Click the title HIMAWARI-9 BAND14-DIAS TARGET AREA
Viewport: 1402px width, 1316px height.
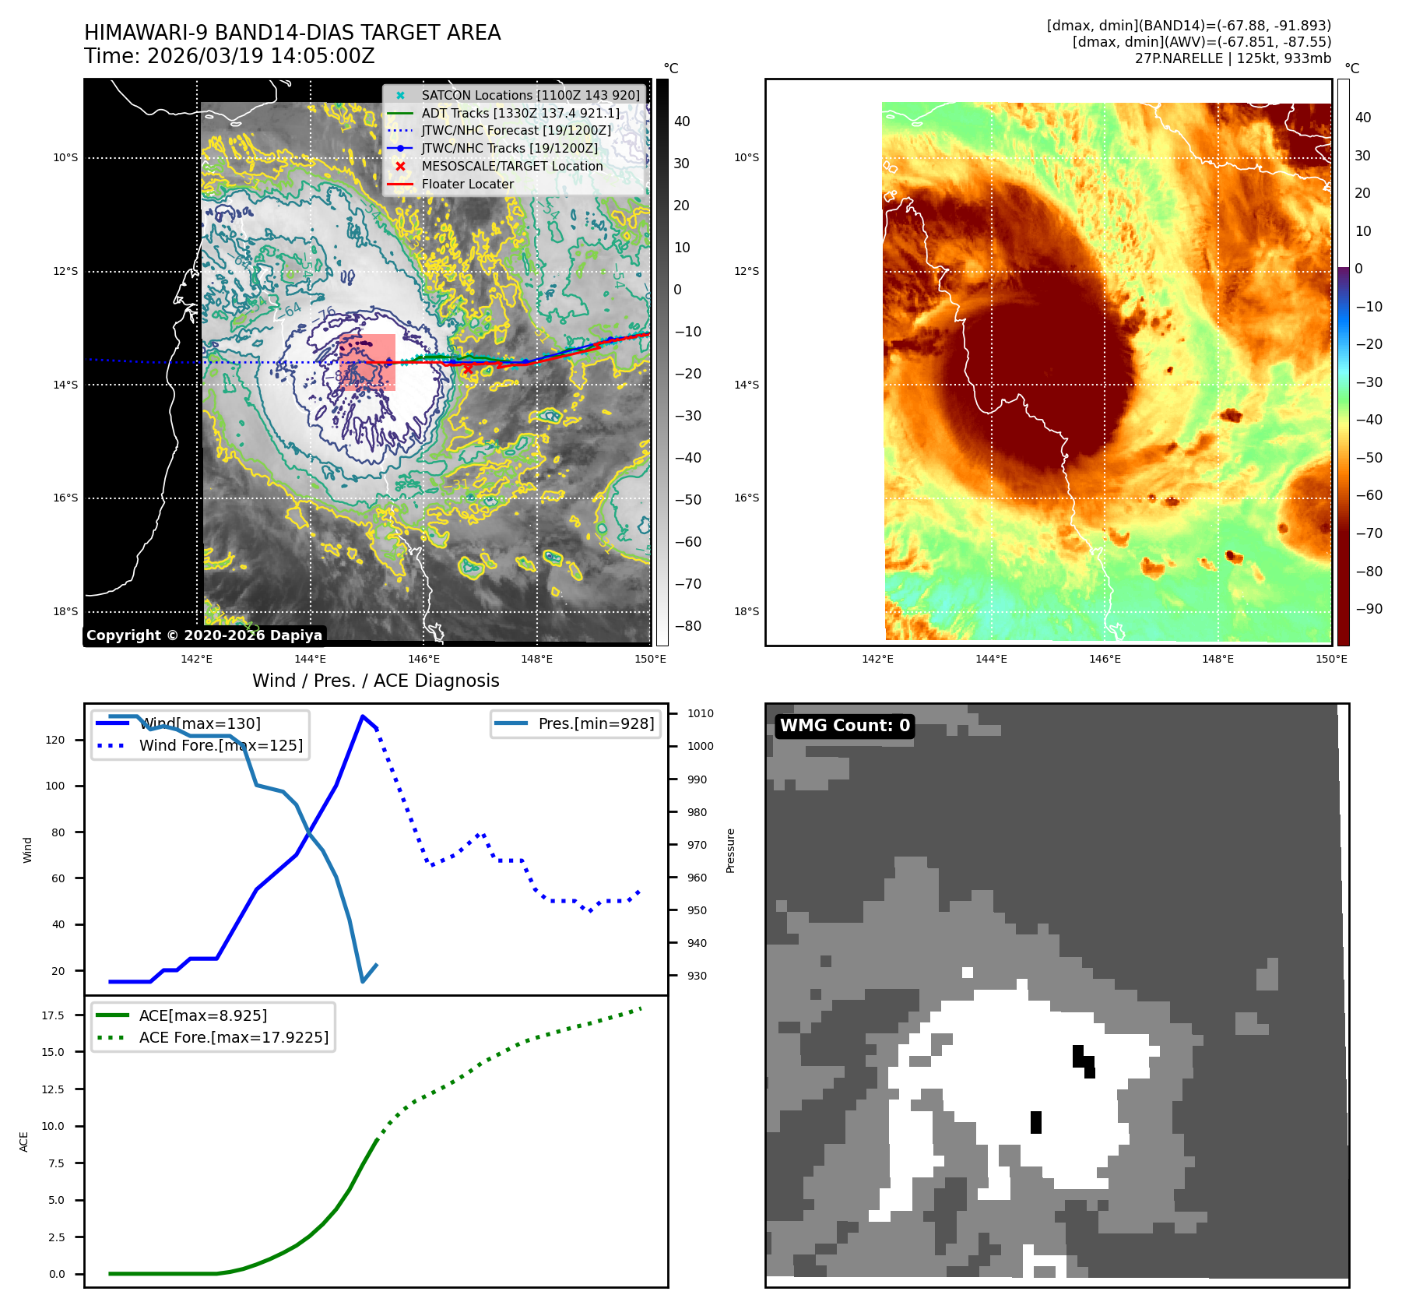coord(292,33)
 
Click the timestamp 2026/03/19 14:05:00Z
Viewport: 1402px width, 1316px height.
coord(261,57)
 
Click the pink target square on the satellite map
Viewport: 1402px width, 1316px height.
coord(367,362)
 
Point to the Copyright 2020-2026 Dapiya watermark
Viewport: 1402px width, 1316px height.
coord(204,635)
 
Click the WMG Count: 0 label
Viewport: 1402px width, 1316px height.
coord(845,726)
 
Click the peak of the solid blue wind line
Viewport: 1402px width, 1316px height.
coord(363,716)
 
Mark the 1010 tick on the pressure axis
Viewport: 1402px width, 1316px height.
coord(700,713)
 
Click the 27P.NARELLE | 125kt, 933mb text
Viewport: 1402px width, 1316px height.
coord(1232,58)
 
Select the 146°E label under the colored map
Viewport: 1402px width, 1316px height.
coord(1105,659)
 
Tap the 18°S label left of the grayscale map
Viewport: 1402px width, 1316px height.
coord(65,611)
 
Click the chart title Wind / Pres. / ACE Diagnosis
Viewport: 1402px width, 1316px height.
coord(375,681)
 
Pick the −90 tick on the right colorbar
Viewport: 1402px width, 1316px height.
coord(1369,609)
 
